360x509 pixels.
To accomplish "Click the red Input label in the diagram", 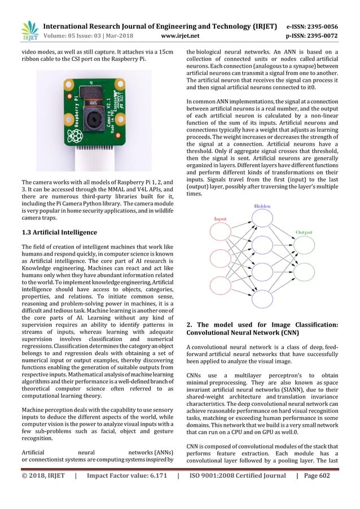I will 221,219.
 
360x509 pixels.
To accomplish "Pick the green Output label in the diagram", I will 304,232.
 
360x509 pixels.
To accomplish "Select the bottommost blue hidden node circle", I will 262,297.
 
